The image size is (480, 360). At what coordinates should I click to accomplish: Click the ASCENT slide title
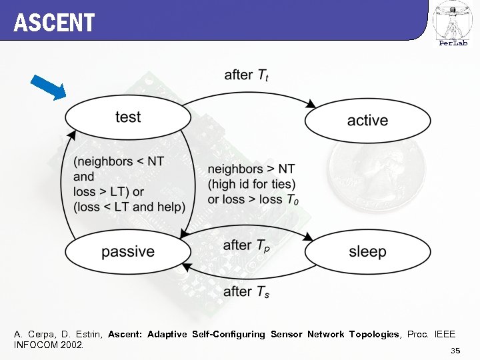tap(54, 23)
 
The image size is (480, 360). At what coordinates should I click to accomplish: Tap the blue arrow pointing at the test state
tap(49, 87)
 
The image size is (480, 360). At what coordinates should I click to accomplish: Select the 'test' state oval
tap(127, 117)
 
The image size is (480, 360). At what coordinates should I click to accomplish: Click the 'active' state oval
tap(367, 121)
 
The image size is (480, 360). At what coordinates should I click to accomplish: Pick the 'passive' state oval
tap(127, 251)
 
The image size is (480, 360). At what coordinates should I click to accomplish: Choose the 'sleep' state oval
tap(367, 251)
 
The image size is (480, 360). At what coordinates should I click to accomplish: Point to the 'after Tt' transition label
tap(247, 75)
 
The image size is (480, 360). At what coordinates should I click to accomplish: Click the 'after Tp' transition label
tap(247, 246)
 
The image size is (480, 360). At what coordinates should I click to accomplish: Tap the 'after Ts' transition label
tap(246, 291)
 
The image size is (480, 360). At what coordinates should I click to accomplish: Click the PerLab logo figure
tap(453, 20)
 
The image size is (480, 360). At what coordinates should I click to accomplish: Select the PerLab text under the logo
tap(453, 43)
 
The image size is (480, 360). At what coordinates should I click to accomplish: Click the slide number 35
tap(455, 351)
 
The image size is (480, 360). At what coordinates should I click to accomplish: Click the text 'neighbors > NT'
tap(251, 169)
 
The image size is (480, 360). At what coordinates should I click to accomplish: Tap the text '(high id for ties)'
tap(251, 184)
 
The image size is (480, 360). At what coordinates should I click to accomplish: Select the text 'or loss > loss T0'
tap(253, 199)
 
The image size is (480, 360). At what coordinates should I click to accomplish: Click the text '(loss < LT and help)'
tap(129, 207)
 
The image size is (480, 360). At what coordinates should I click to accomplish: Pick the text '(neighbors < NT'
tap(118, 161)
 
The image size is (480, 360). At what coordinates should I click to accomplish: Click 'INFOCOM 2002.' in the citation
tap(48, 345)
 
